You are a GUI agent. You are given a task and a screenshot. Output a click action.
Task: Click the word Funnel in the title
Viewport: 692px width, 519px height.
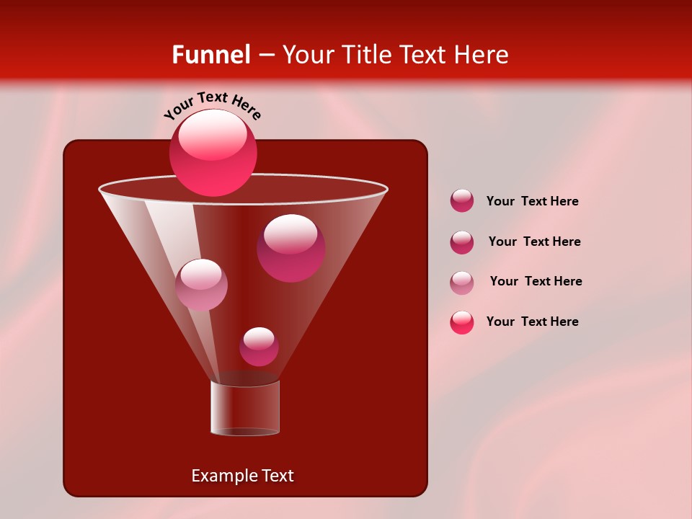[210, 54]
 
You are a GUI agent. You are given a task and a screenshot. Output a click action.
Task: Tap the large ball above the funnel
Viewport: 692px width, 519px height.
[213, 152]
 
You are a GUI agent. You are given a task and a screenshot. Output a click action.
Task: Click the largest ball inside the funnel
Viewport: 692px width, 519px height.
[290, 247]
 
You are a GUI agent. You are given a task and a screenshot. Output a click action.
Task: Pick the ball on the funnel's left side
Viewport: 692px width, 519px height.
[201, 284]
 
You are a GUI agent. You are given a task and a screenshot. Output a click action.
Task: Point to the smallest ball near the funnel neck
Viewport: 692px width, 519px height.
[259, 346]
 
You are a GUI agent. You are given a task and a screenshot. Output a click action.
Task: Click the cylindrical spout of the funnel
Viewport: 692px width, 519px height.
[245, 409]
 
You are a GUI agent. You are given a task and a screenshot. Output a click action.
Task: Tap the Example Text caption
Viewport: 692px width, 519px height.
[243, 476]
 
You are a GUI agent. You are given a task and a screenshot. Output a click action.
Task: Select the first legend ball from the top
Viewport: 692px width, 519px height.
[462, 200]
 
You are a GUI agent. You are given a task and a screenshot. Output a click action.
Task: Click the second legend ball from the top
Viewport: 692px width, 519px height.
[462, 241]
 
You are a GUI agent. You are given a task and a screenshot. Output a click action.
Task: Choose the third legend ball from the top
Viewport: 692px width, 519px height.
[462, 282]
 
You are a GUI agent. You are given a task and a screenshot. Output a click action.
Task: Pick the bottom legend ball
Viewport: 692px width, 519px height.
[462, 322]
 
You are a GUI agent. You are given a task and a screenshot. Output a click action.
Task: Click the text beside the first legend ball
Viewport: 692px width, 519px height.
[532, 201]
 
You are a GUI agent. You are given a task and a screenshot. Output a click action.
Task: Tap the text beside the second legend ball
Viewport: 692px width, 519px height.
[534, 241]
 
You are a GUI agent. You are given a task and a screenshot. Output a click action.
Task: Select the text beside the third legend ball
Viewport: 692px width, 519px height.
[536, 281]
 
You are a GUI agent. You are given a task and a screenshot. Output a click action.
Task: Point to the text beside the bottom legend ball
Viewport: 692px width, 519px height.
[532, 321]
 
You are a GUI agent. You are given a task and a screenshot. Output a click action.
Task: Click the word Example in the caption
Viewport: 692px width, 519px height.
[218, 476]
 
